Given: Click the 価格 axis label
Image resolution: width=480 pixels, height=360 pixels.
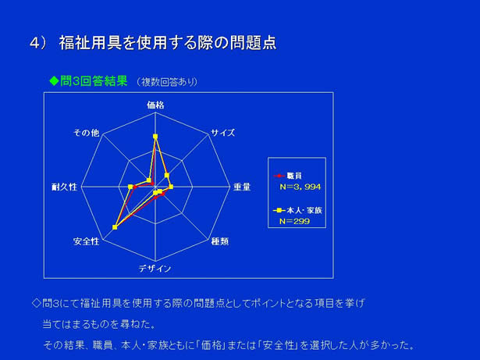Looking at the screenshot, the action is click(155, 105).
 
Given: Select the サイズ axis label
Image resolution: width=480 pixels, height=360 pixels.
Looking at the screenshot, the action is click(223, 133).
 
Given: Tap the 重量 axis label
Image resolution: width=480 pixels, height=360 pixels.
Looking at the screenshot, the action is click(242, 187).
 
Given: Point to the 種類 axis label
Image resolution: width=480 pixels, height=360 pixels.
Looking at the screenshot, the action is click(220, 241).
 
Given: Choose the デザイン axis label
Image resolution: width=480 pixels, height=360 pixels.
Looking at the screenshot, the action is click(155, 269).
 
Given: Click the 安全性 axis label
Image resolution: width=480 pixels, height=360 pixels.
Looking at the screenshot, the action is click(87, 241).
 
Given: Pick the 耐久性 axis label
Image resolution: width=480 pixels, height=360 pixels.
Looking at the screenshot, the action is click(64, 187).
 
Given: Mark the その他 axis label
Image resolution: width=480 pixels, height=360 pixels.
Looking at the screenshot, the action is click(87, 133).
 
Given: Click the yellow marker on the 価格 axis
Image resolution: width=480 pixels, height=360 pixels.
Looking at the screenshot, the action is click(155, 137).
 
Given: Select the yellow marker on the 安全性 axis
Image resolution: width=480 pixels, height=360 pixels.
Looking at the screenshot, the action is click(115, 227).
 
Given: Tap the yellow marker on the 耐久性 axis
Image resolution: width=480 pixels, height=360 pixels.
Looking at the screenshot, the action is click(130, 187).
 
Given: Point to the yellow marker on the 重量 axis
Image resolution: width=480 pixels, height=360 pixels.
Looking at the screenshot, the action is click(171, 187).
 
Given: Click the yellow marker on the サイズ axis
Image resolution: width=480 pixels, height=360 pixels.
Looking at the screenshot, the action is click(167, 175).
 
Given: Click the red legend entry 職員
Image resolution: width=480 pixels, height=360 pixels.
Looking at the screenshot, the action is click(287, 176).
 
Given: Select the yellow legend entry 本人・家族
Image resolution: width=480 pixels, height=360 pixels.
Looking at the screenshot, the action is click(297, 211).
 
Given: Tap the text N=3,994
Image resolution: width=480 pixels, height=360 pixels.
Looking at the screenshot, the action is click(300, 187).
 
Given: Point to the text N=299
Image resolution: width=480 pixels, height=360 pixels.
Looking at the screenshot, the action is click(294, 221).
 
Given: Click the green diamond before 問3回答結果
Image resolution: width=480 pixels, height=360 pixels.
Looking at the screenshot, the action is click(54, 81).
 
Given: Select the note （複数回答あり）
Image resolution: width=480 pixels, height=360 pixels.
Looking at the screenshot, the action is click(167, 82).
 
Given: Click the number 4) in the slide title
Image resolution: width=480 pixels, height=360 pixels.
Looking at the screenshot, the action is click(38, 43).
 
